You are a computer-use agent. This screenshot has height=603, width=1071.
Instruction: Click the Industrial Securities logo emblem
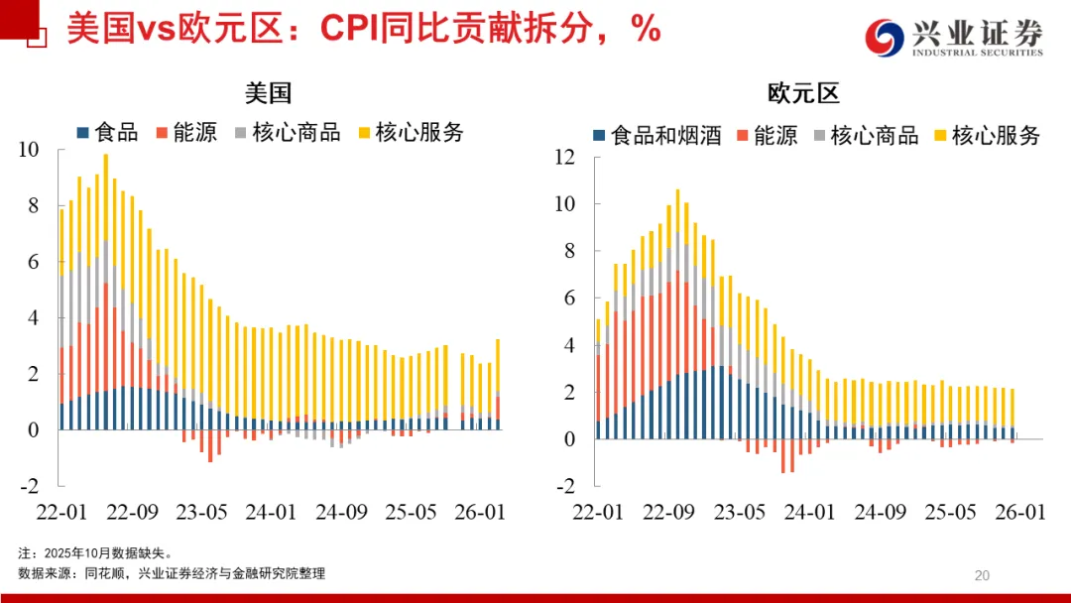pos(887,38)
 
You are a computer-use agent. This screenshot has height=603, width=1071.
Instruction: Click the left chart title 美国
pos(269,93)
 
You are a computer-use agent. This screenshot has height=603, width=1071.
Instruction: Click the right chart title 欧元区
pos(803,93)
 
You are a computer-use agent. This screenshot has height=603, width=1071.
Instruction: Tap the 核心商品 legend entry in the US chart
pos(287,132)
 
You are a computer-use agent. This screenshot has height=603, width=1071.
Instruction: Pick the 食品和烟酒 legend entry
pos(655,136)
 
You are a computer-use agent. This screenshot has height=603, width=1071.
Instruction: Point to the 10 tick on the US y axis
pos(29,150)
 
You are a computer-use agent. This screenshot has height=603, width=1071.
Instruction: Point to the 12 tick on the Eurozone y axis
pos(564,157)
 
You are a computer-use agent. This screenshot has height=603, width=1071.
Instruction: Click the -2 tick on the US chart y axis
pos(29,486)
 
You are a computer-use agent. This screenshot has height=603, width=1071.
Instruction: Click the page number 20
pos(983,575)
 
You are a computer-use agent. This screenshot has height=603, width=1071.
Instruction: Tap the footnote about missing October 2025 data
pos(95,552)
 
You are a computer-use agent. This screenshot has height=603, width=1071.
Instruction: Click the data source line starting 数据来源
pos(171,573)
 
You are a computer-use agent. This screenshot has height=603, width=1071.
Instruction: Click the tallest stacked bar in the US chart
pos(105,292)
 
